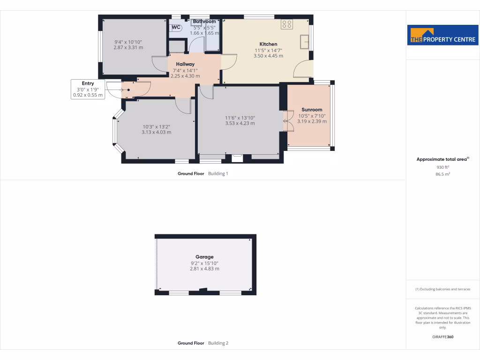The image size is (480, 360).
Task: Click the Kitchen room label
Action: (269, 44)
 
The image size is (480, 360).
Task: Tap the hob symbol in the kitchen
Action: (287, 24)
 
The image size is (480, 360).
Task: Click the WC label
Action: (176, 27)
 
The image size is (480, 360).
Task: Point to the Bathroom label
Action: (204, 22)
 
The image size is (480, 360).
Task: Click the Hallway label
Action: (185, 64)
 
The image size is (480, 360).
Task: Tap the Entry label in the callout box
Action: (88, 83)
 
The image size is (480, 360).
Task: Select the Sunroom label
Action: (312, 110)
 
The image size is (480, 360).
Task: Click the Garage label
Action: (204, 257)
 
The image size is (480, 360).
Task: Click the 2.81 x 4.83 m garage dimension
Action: (204, 269)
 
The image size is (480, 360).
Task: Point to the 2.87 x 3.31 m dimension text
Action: (128, 47)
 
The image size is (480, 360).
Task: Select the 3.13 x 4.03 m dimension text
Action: (156, 132)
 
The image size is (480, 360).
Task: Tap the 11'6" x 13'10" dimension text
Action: (240, 118)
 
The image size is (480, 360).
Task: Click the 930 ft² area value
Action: (443, 167)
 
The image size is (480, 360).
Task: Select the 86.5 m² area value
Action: (443, 174)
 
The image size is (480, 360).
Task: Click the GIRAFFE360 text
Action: (443, 337)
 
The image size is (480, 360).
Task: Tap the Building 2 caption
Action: (218, 343)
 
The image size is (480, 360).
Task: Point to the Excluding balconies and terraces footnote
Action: (443, 289)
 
